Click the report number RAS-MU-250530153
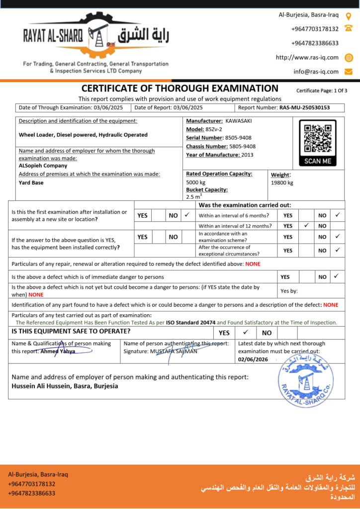point(304,107)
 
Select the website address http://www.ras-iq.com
point(307,57)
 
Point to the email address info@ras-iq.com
point(316,72)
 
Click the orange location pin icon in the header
point(349,16)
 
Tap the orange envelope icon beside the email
point(349,72)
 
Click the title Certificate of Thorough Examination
point(180,88)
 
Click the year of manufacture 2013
point(247,155)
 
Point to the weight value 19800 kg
point(282,182)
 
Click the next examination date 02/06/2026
point(253,358)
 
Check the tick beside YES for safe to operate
point(245,333)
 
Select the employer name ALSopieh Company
point(43,166)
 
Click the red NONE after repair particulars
point(253,264)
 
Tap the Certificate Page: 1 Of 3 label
point(322,90)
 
